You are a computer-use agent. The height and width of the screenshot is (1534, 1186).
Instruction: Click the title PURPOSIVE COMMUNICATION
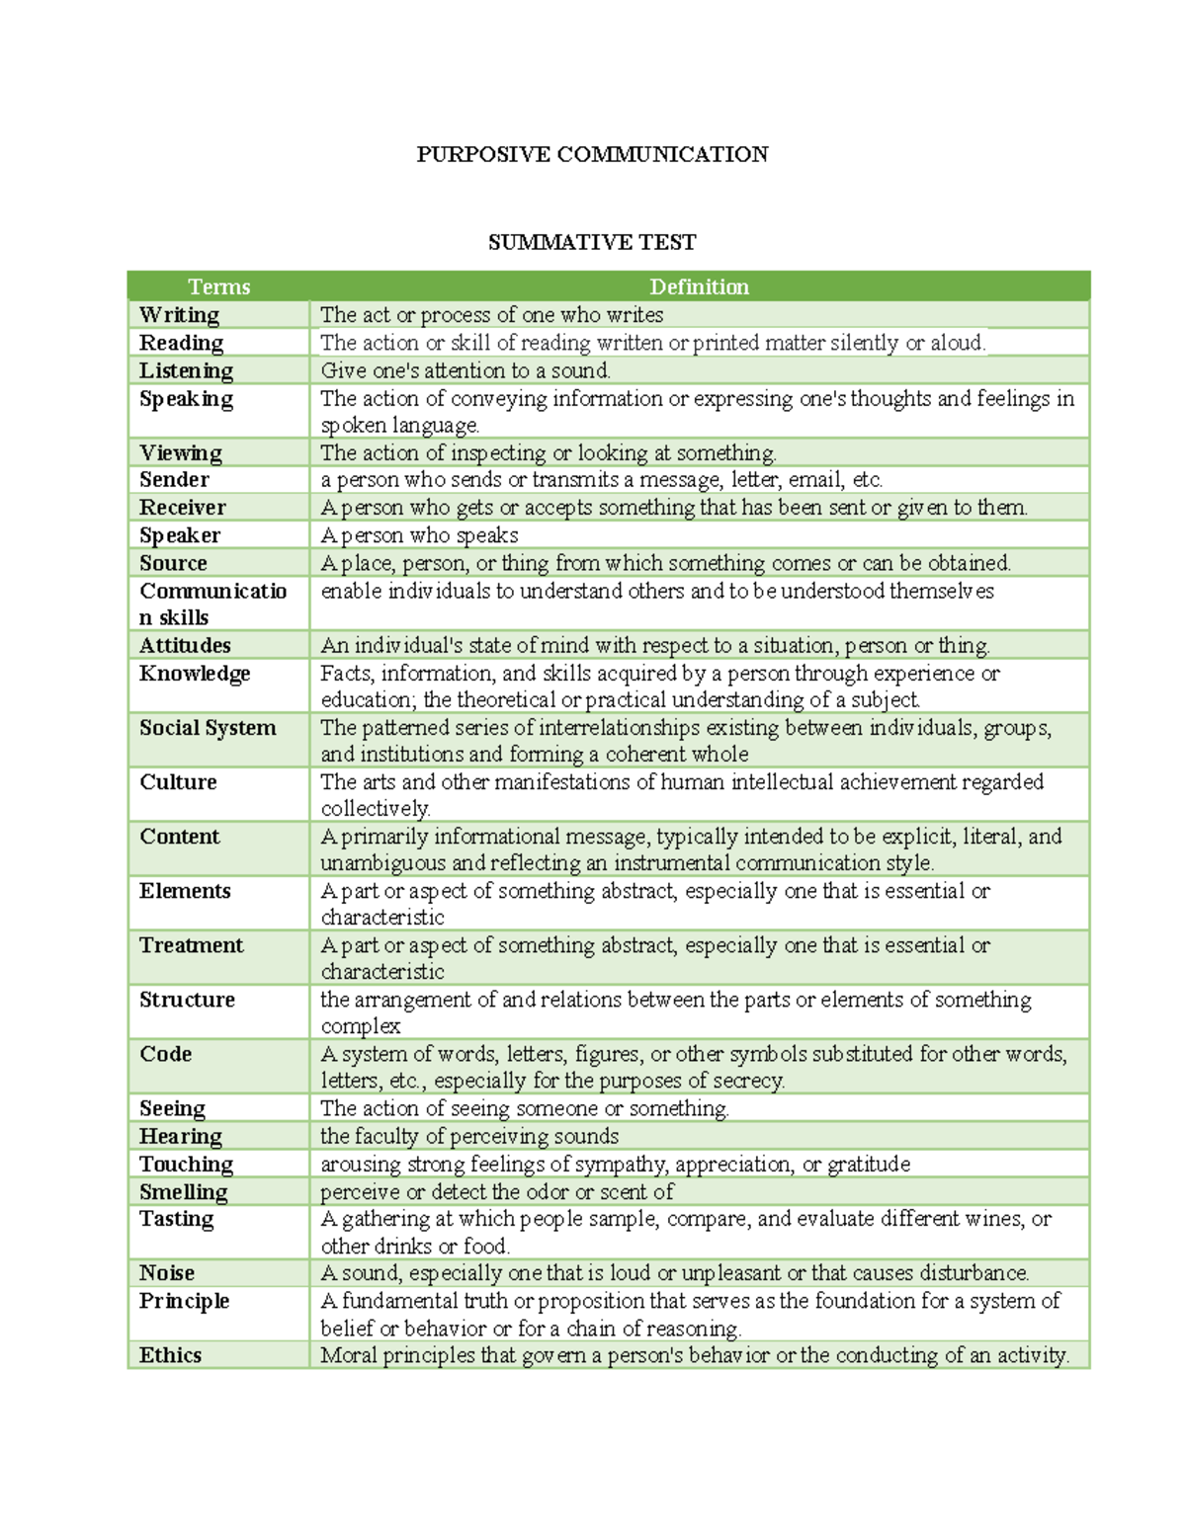coord(592,154)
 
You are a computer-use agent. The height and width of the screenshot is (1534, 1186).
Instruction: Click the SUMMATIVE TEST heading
coord(592,242)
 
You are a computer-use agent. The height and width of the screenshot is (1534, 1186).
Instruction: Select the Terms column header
coord(218,286)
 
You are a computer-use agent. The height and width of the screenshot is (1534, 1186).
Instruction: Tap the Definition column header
coord(699,286)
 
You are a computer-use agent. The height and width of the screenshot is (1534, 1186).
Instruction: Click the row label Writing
coord(179,314)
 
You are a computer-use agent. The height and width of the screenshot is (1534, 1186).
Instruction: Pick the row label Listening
coord(186,370)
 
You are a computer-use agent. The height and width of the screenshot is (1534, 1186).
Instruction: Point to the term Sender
coord(174,479)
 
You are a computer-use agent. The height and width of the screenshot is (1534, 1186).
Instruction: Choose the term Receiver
coord(183,507)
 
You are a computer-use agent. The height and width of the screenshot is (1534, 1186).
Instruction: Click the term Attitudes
coord(185,645)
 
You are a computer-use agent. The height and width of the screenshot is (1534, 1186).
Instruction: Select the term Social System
coord(208,728)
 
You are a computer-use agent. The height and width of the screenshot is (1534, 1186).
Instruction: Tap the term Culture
coord(178,782)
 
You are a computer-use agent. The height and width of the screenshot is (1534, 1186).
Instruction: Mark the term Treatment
coord(191,945)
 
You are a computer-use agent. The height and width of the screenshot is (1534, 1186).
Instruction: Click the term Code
coord(165,1054)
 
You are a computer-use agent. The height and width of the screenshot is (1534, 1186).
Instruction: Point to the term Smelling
coord(183,1191)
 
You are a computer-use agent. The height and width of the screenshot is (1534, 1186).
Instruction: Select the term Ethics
coord(170,1355)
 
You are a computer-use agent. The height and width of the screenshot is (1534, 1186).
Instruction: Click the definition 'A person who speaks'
coord(419,535)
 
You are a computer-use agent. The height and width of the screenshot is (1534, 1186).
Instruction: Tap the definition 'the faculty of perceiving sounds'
coord(469,1136)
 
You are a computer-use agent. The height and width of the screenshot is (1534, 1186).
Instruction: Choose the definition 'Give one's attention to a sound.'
coord(466,370)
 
